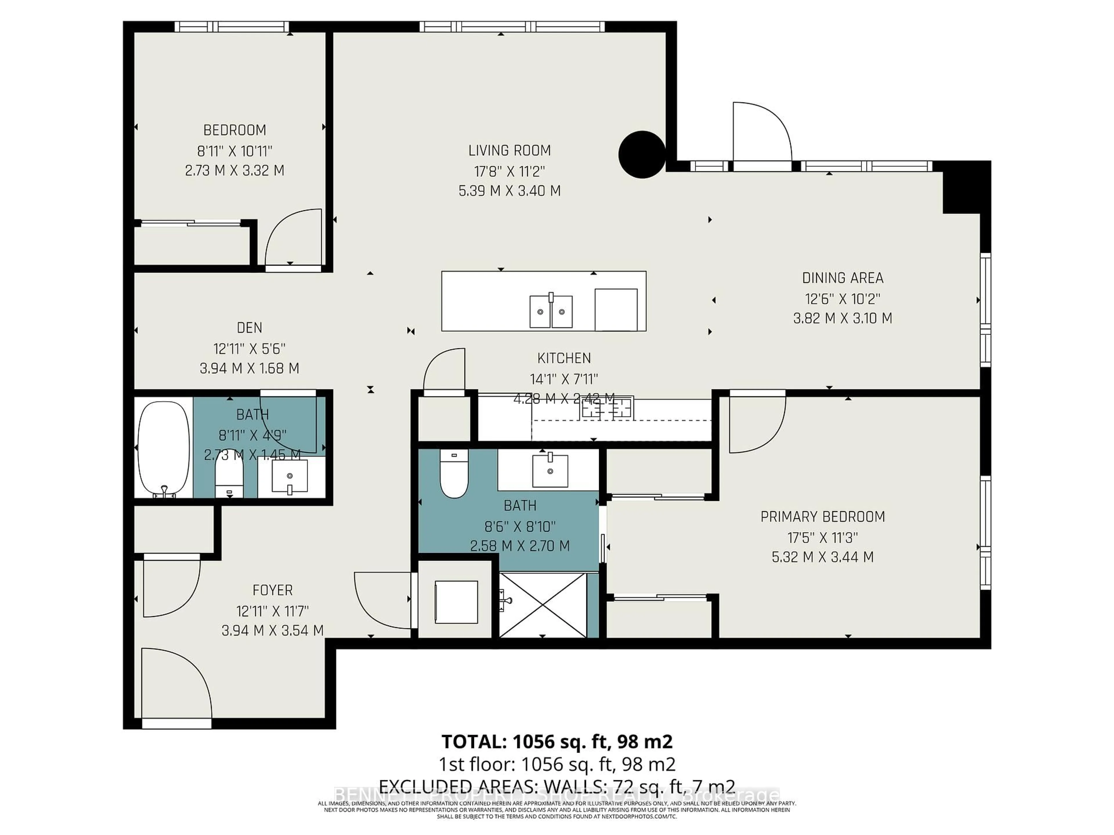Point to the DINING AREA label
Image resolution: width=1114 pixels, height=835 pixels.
tap(842, 278)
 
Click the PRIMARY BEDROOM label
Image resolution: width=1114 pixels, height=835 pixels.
tap(822, 517)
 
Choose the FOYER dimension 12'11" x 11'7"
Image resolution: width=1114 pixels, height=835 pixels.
tap(272, 611)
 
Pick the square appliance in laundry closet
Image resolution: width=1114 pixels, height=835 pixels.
tap(456, 602)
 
